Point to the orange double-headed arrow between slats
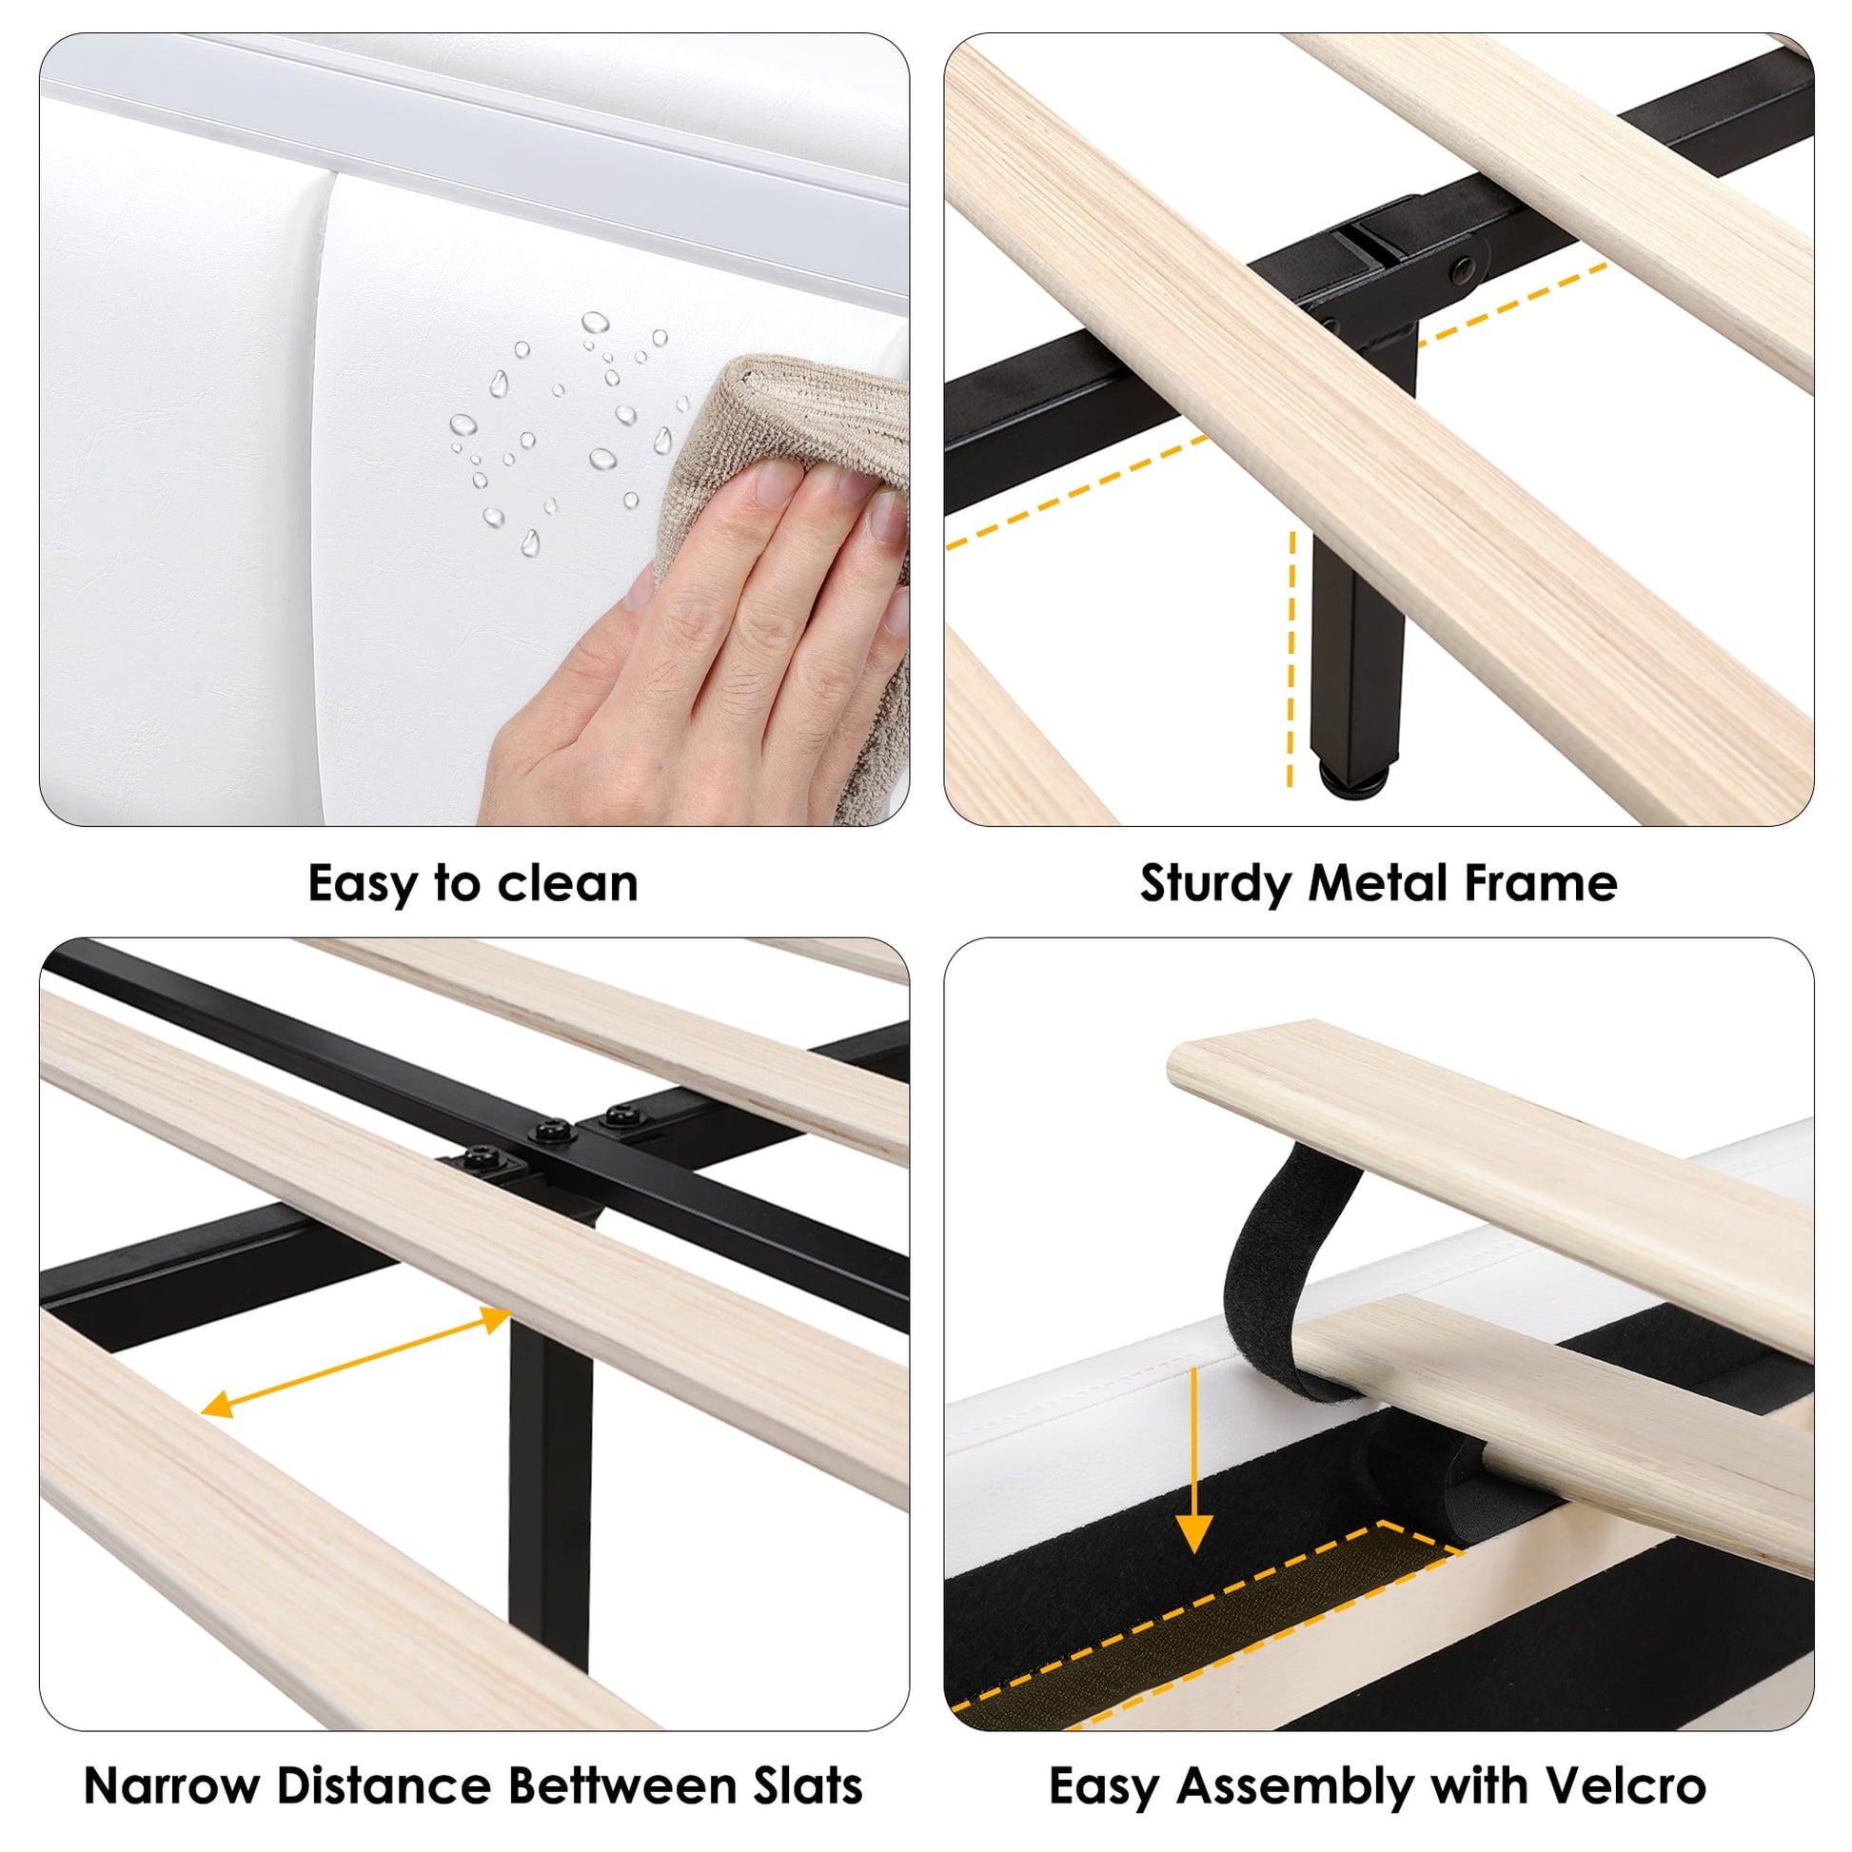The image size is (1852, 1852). pos(356,1361)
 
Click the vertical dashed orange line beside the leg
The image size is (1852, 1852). pos(1291,660)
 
